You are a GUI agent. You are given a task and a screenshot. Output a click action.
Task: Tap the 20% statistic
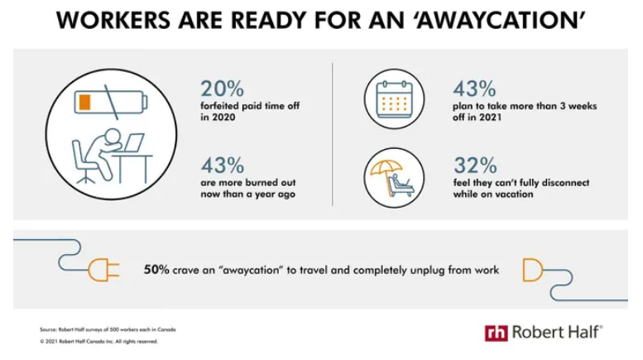[x=222, y=89]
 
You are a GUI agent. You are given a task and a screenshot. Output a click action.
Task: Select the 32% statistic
[x=475, y=166]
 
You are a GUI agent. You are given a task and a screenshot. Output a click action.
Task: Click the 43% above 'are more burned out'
[x=223, y=166]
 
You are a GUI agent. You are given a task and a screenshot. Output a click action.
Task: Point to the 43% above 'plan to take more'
[x=474, y=89]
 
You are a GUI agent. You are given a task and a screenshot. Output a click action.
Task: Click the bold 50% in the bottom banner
[x=156, y=270]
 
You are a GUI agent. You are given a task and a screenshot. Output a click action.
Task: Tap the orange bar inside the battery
[x=84, y=102]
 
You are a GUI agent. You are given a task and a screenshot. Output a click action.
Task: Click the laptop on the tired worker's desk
[x=133, y=142]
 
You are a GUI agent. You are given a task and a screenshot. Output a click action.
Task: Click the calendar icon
[x=394, y=99]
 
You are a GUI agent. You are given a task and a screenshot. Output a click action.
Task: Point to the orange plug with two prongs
[x=103, y=270]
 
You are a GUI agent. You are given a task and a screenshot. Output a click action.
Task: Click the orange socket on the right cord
[x=533, y=270]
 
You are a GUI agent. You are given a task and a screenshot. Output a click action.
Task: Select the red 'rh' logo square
[x=496, y=333]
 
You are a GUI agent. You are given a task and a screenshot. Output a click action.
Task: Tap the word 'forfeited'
[x=219, y=106]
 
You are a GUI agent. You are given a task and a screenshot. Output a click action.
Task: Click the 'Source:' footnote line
[x=108, y=329]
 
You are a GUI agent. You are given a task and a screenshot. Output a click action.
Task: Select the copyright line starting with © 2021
[x=98, y=341]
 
